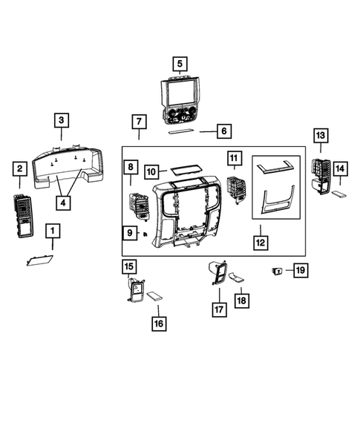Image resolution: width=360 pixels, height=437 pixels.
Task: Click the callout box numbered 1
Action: [x=52, y=231]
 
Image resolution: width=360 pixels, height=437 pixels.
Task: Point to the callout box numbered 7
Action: [x=138, y=121]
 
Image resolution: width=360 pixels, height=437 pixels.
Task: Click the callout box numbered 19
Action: [x=300, y=270]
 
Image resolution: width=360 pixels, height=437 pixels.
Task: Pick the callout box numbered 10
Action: [x=151, y=171]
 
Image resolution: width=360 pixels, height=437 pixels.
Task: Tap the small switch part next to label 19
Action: [x=278, y=271]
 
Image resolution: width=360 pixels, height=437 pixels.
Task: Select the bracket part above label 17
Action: [x=217, y=275]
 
